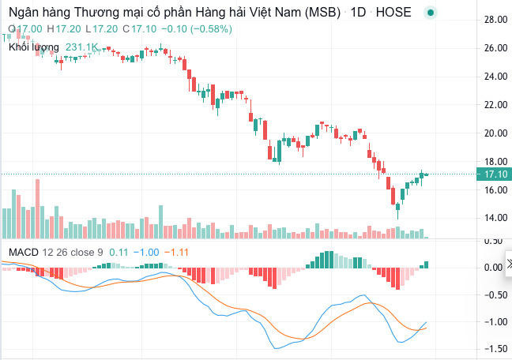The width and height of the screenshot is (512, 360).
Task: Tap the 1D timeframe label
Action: [356, 13]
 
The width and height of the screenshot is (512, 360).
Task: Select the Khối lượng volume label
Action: [33, 47]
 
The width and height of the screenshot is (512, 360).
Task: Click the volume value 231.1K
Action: [82, 47]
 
